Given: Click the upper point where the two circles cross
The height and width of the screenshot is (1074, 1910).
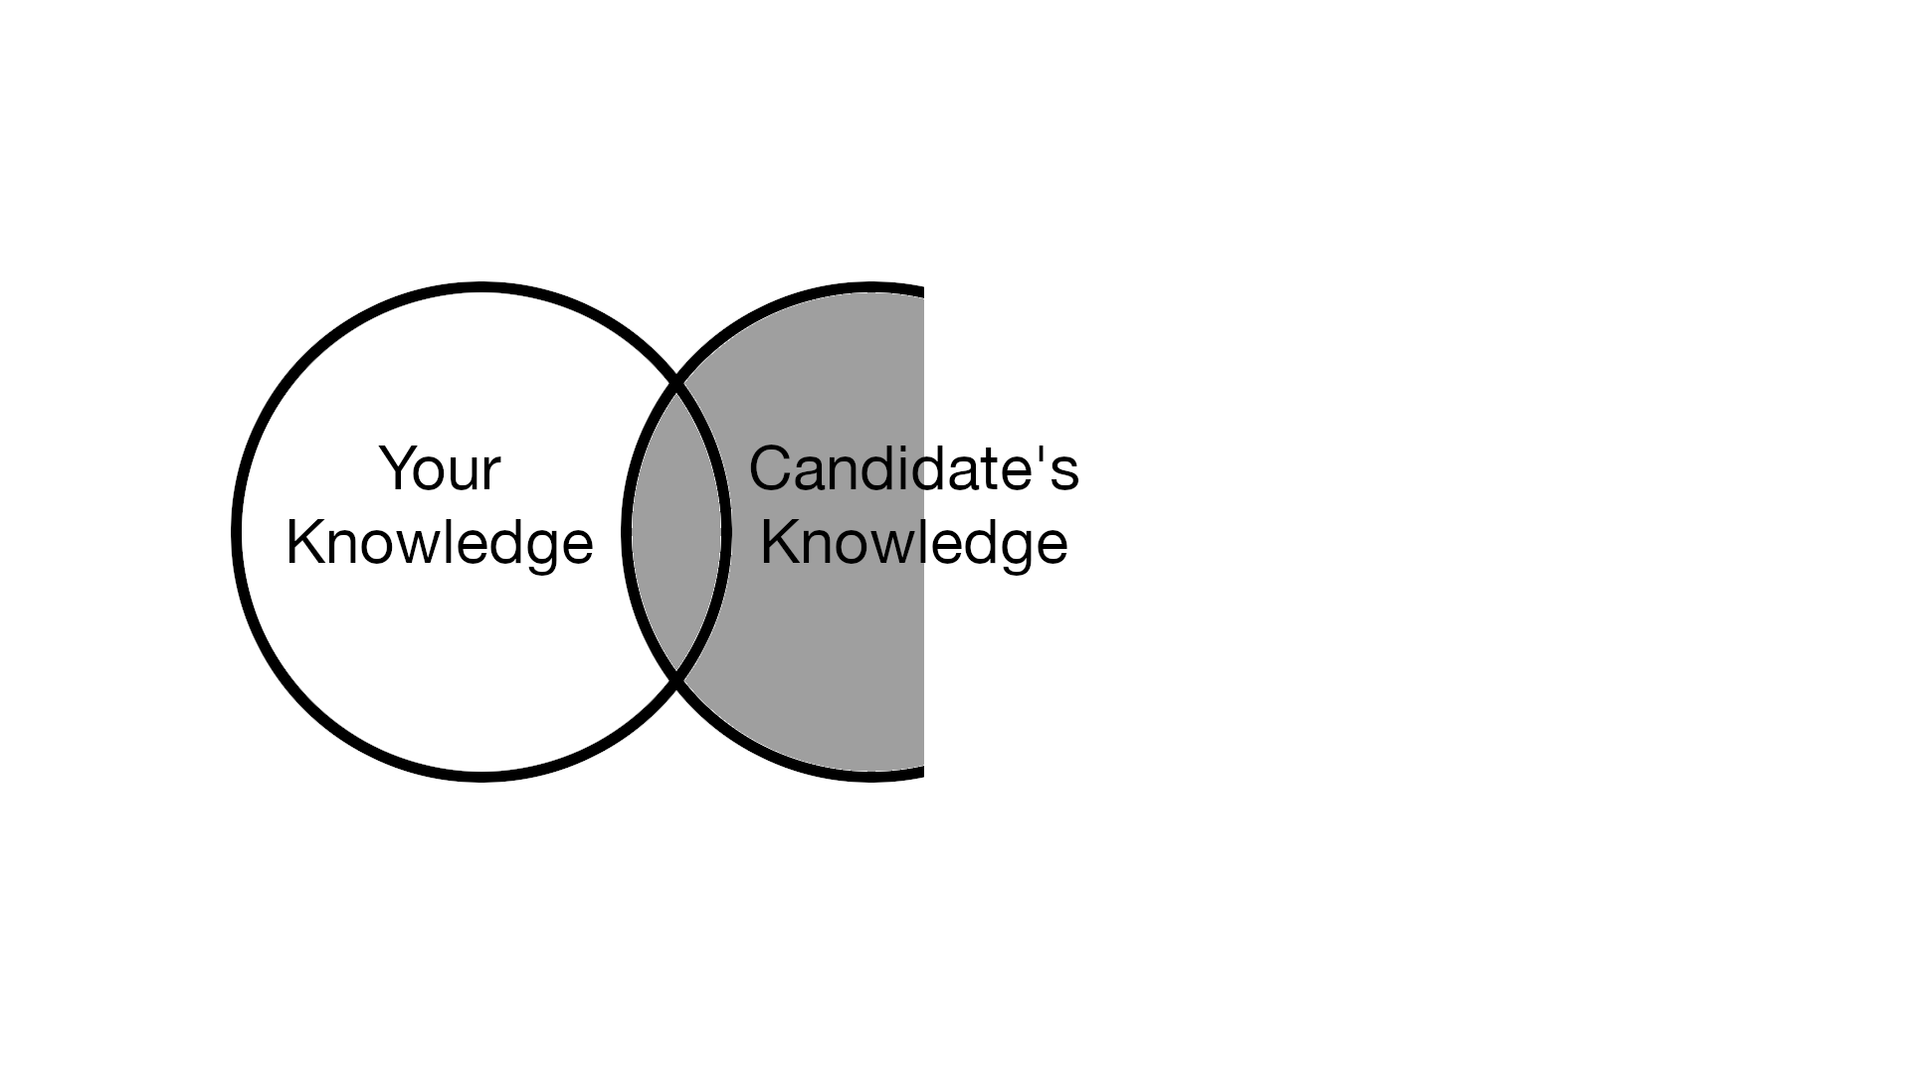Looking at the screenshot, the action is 676,382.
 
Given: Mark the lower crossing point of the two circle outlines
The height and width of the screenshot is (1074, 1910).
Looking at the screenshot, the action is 676,681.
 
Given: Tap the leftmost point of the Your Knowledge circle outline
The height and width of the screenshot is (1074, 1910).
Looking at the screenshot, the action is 237,532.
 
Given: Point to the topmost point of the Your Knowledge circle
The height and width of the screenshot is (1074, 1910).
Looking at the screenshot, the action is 481,287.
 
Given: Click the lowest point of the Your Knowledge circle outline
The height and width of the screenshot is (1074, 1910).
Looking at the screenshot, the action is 481,777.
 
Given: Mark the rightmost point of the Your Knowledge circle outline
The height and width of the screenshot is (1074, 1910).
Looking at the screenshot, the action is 726,532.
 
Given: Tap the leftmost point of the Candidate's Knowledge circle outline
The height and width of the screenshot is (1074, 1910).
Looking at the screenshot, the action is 627,532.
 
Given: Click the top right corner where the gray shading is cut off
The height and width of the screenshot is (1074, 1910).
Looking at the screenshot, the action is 923,291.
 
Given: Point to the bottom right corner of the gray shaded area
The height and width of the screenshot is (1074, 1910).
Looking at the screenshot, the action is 923,773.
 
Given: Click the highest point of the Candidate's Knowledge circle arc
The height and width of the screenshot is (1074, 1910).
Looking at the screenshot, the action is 871,287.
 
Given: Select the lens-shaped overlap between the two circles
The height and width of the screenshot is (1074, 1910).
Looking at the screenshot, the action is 676,532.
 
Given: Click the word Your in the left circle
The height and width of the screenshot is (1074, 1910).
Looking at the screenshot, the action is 440,468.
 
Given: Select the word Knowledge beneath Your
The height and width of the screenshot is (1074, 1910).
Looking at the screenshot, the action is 440,543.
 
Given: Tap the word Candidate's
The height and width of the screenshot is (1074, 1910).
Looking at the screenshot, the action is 914,468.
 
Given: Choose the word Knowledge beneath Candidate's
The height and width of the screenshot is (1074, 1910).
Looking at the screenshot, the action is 914,543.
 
